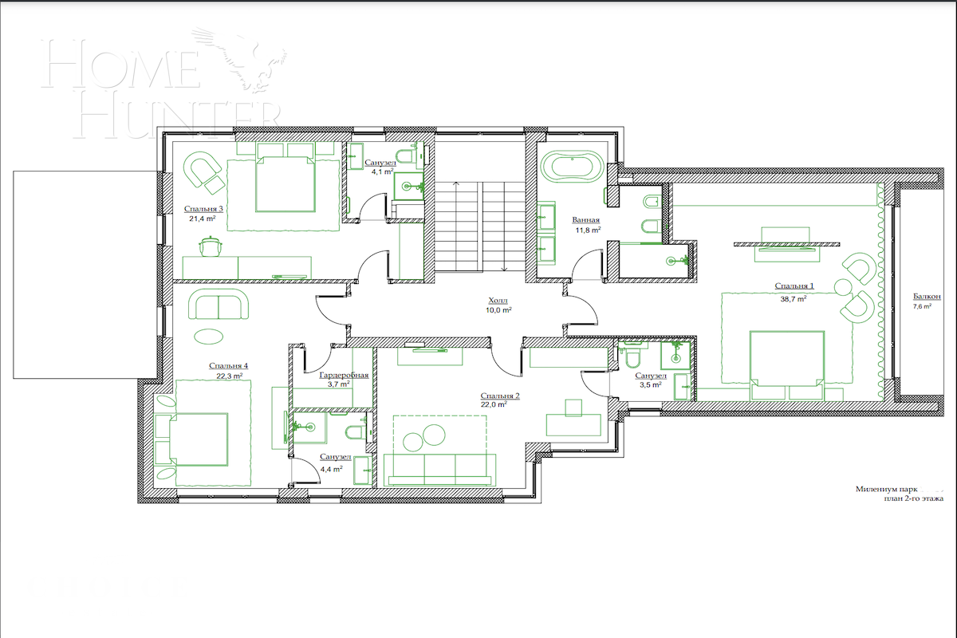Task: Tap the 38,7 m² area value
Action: [794, 298]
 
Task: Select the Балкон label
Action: [926, 296]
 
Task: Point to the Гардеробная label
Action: [343, 374]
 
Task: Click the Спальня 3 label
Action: [203, 208]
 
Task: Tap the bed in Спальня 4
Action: [196, 439]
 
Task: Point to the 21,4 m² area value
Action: [204, 219]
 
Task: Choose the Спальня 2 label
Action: [500, 396]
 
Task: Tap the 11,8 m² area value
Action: [588, 230]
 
